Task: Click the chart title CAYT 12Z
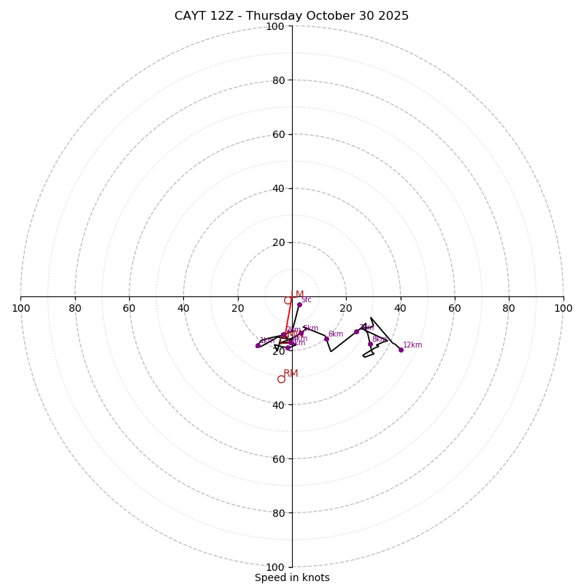click(x=291, y=16)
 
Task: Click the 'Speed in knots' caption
click(x=292, y=577)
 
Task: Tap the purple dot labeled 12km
click(x=401, y=350)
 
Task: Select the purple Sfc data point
click(x=299, y=304)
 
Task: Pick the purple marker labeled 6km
click(x=326, y=339)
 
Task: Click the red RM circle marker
click(x=281, y=379)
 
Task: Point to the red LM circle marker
click(x=288, y=300)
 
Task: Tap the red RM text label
click(x=291, y=374)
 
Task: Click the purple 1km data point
click(x=258, y=345)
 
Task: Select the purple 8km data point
click(x=370, y=344)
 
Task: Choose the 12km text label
click(x=412, y=345)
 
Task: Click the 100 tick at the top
click(x=275, y=26)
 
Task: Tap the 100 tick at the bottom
click(x=275, y=566)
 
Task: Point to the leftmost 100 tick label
click(x=21, y=308)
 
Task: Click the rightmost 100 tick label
click(x=563, y=308)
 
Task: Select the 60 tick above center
click(x=278, y=134)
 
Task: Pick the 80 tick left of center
click(x=75, y=308)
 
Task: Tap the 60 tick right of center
click(x=454, y=308)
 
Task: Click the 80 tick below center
click(x=278, y=512)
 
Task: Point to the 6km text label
click(x=335, y=334)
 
